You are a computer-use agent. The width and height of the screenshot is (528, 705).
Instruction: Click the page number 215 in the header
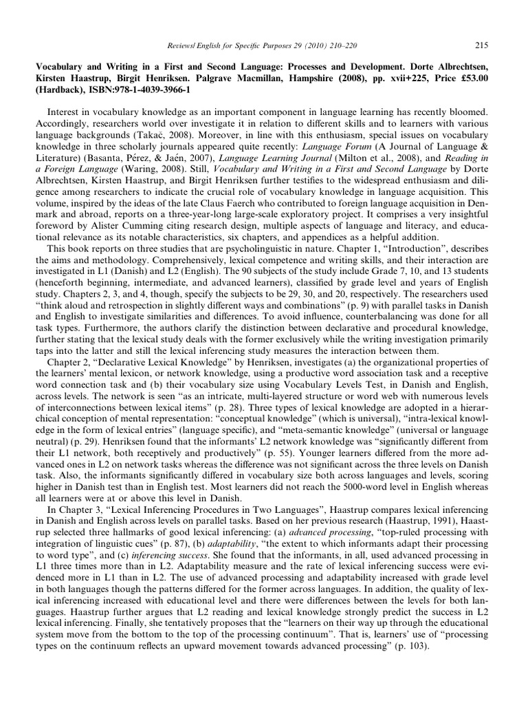pos(481,45)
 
